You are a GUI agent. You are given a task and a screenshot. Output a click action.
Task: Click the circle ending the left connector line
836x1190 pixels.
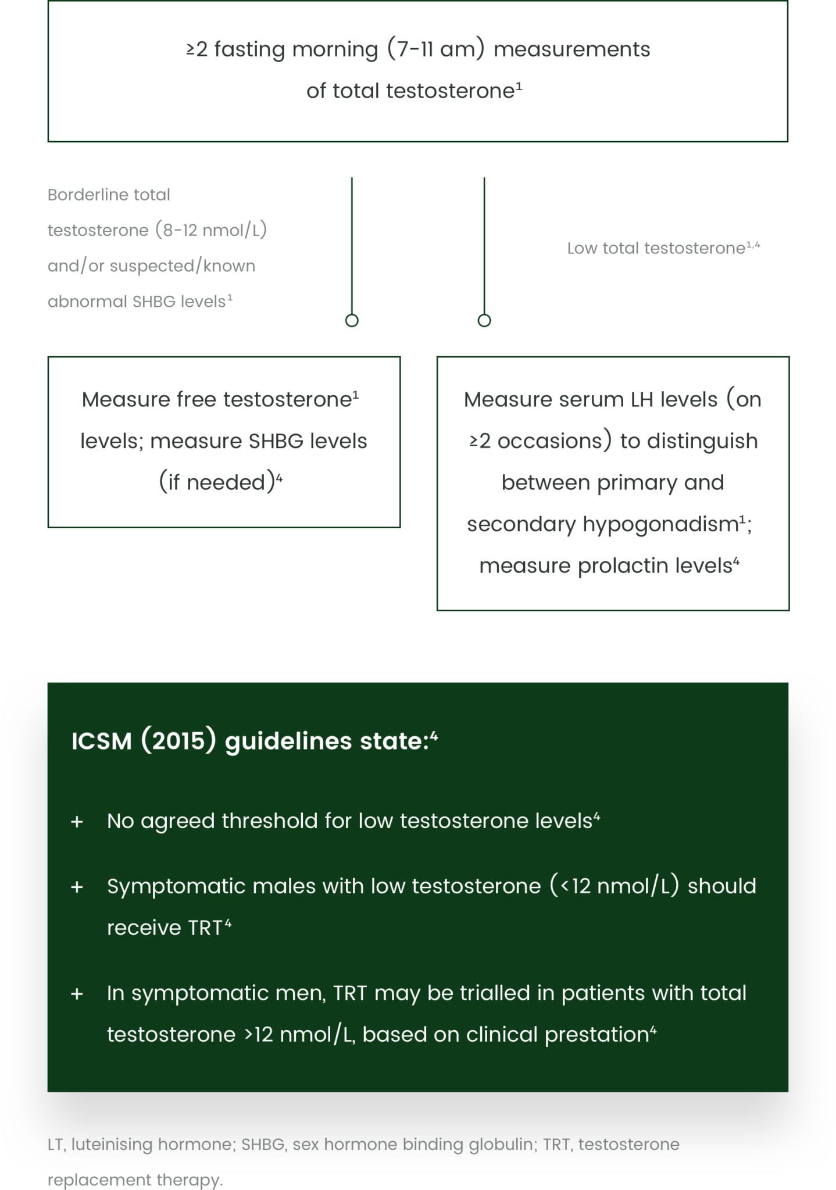[x=352, y=320]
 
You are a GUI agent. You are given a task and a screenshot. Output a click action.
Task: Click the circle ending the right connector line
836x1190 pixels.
[x=484, y=320]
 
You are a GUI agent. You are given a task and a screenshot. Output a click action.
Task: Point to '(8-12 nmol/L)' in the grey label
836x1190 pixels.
[x=211, y=230]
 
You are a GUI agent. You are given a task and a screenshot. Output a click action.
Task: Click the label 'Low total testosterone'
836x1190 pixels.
[x=656, y=249]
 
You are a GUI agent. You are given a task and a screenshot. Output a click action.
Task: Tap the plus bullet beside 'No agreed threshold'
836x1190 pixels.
[x=77, y=822]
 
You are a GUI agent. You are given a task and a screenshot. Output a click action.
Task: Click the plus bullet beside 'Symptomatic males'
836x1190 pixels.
[x=77, y=887]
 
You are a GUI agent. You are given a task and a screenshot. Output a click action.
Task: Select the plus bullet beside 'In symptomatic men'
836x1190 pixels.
[x=77, y=994]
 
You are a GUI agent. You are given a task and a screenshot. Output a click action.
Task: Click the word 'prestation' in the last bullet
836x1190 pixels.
[x=596, y=1035]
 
